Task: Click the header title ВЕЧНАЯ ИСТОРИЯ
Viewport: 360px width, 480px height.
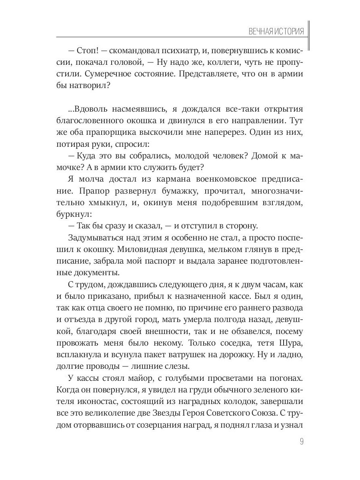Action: tap(276, 32)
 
